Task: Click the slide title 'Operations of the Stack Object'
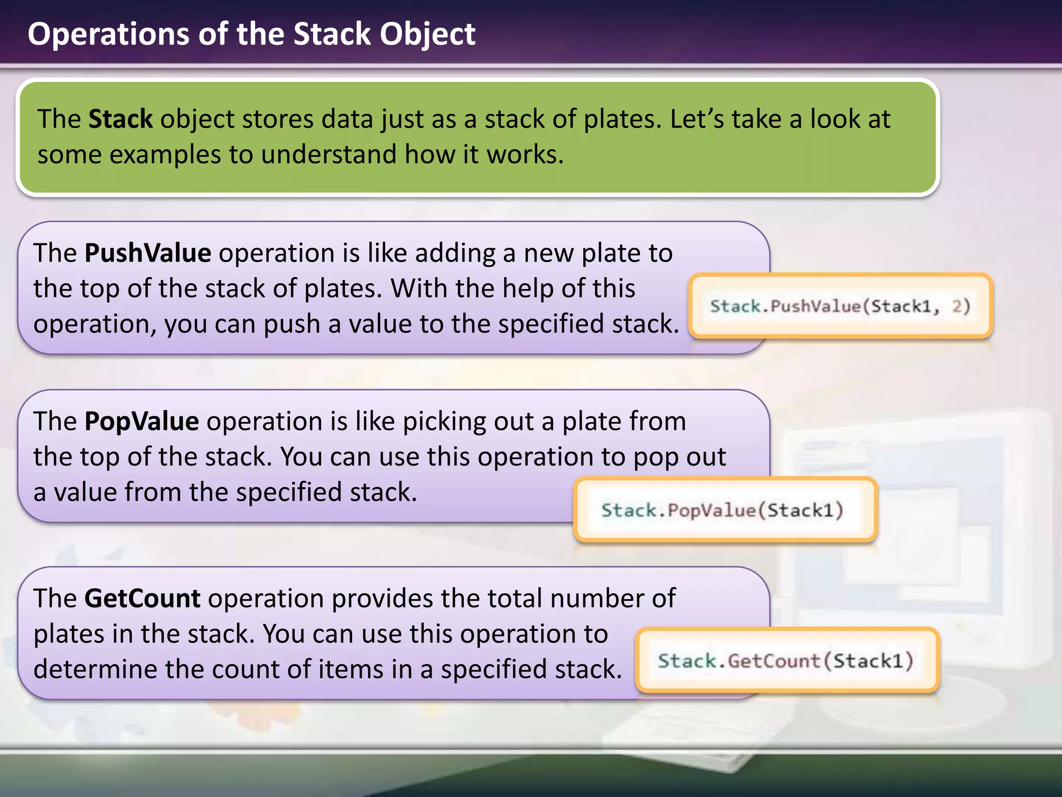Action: [x=251, y=34]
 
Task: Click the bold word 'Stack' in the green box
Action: [x=120, y=119]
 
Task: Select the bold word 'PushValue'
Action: [x=148, y=253]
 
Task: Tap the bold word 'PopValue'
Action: [x=142, y=421]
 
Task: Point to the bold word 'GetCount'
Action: [x=142, y=598]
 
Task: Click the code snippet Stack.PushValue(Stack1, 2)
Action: [x=840, y=306]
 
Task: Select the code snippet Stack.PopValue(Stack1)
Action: [x=723, y=510]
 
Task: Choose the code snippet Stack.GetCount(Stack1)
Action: [x=786, y=661]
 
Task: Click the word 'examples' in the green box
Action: [x=165, y=155]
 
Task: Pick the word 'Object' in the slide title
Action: [x=427, y=34]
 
